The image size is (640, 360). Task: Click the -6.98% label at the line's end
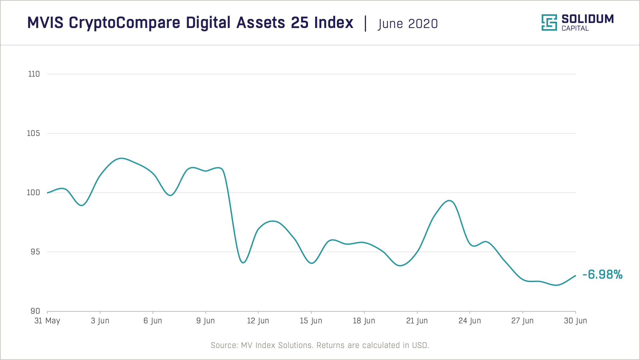pos(602,275)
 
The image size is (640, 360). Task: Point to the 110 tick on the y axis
pos(34,74)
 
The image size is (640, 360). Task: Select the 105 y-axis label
pos(33,133)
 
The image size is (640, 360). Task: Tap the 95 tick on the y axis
pos(35,252)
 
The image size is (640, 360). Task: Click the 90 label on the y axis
pos(35,311)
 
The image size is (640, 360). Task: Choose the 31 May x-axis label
pos(47,321)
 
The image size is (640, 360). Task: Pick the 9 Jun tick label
pos(205,321)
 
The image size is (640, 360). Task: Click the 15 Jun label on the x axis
pos(311,321)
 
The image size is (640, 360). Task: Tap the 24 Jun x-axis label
pos(469,321)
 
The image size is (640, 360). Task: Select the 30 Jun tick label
pos(575,321)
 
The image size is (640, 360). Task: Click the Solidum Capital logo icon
pos(549,23)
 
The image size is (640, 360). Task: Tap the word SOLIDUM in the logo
pos(587,19)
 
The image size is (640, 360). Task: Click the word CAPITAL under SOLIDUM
pos(575,29)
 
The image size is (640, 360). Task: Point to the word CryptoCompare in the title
pos(125,23)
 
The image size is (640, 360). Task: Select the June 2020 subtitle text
pos(408,24)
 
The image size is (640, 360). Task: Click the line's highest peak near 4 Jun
pos(121,158)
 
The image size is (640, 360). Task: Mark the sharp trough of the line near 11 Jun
pos(243,263)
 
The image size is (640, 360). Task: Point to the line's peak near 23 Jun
pos(450,200)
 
